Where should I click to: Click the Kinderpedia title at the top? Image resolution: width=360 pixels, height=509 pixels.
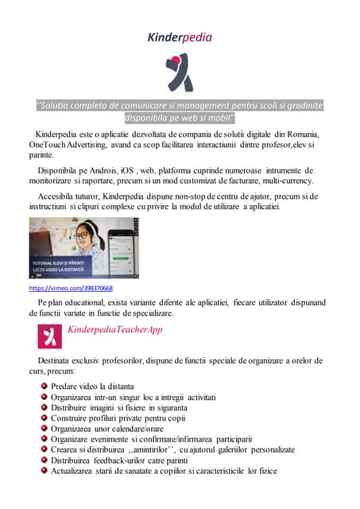180,37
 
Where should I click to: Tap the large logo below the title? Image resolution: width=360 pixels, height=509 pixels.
180,73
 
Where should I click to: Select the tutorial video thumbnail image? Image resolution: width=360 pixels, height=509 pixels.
83,247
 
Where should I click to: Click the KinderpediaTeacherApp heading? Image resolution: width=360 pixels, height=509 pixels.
114,329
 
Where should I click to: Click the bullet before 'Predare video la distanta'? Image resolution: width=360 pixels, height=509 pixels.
44,386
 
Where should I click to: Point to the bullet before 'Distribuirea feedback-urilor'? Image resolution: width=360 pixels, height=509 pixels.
44,460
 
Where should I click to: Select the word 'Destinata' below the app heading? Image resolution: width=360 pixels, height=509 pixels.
48,360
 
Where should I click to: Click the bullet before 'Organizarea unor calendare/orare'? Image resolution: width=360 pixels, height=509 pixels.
44,428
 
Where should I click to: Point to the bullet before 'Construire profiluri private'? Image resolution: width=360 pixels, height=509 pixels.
44,418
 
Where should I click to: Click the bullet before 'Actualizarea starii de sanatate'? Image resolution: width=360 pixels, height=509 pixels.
44,470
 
